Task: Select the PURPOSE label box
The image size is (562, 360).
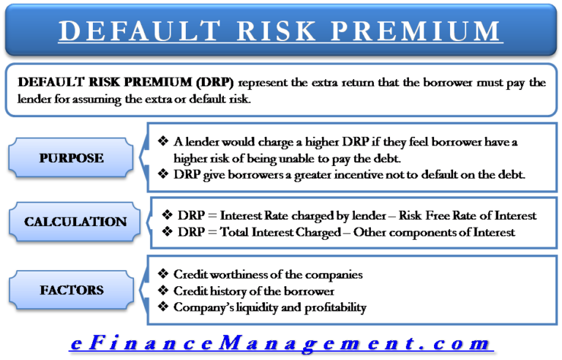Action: [x=72, y=157]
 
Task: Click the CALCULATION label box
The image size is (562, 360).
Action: [x=75, y=221]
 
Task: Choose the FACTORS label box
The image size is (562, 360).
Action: [x=72, y=290]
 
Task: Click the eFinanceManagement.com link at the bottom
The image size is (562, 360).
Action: [x=281, y=342]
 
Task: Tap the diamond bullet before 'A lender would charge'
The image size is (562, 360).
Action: [x=163, y=142]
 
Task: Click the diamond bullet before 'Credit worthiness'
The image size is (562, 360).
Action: [x=163, y=274]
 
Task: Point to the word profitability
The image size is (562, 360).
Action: [x=329, y=307]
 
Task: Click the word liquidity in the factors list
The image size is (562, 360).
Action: [x=259, y=307]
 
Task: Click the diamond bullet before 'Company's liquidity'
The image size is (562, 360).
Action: [x=163, y=307]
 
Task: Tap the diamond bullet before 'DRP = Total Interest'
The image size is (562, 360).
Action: [x=167, y=232]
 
